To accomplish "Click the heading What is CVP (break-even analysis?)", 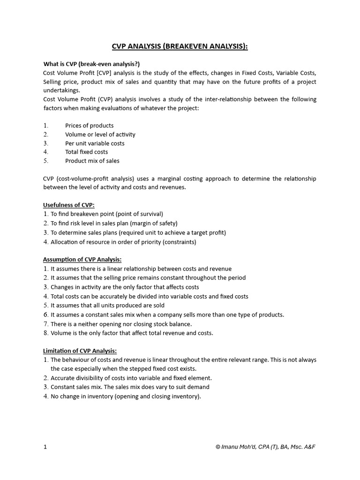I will (91, 64).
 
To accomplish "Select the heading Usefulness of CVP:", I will (69, 205).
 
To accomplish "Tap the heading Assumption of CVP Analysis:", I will (82, 259).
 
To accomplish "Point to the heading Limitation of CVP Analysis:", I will (80, 351).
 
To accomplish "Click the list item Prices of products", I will (89, 126).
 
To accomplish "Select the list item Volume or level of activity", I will (100, 135).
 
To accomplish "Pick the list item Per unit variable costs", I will (95, 143).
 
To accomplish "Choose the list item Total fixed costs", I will (86, 152).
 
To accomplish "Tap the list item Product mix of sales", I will (92, 161).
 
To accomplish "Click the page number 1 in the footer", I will (45, 447).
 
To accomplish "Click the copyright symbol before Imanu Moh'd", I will (218, 447).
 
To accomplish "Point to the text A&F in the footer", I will (309, 447).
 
